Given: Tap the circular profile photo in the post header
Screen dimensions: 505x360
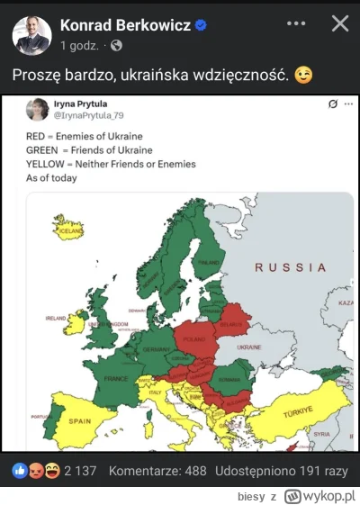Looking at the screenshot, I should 31,34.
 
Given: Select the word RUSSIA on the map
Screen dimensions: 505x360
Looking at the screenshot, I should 291,267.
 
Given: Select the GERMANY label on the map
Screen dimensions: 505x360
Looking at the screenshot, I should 156,349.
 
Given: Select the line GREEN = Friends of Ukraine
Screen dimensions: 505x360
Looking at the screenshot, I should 88,149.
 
